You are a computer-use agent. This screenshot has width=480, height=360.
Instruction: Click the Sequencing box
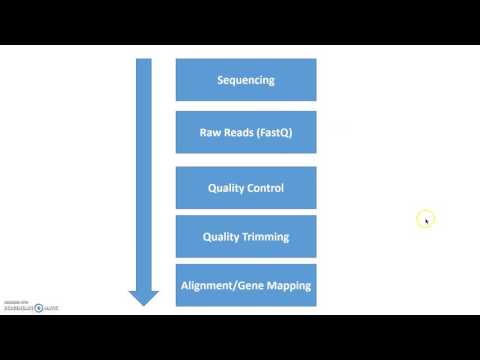(246, 80)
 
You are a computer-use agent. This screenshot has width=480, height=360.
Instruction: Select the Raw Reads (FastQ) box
(246, 132)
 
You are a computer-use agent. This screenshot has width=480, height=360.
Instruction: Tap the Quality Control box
(246, 188)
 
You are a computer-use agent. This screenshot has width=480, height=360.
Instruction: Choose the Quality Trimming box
(246, 237)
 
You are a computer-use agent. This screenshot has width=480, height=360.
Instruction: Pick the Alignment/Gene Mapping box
(246, 285)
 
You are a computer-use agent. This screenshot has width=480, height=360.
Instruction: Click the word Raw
(215, 132)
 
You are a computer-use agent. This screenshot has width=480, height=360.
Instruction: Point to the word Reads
(243, 132)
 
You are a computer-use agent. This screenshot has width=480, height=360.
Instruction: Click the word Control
(265, 188)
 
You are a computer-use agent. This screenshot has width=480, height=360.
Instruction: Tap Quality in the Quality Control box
(225, 188)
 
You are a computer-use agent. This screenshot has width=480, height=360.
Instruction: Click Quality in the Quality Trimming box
(221, 237)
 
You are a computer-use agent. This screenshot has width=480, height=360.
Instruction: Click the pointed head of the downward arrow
(144, 297)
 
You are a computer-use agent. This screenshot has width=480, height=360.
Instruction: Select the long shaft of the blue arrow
(144, 170)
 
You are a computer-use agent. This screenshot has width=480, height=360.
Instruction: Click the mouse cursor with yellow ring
(425, 219)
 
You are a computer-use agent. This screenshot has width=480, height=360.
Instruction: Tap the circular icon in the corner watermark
(39, 308)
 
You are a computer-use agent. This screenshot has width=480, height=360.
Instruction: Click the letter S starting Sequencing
(220, 80)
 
